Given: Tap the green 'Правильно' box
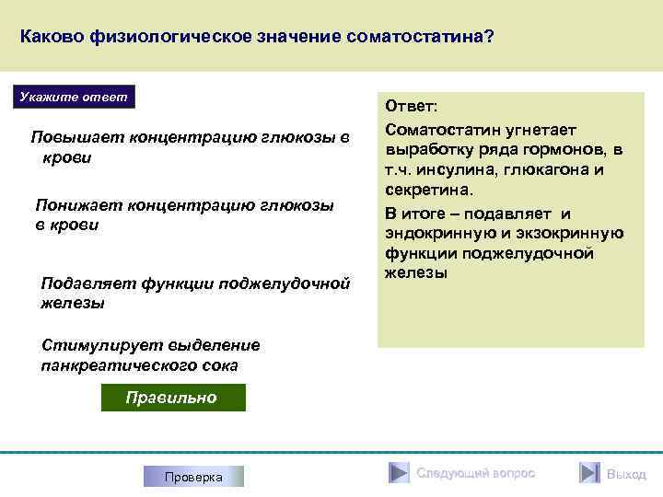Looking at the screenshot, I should click(x=172, y=398).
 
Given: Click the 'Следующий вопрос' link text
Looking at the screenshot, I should click(x=475, y=473).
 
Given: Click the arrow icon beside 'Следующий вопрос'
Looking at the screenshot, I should click(x=397, y=473).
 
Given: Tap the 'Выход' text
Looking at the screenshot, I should click(x=626, y=474).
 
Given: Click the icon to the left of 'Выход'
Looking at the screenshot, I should click(x=589, y=473).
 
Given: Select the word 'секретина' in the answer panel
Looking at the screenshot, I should click(x=427, y=190).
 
